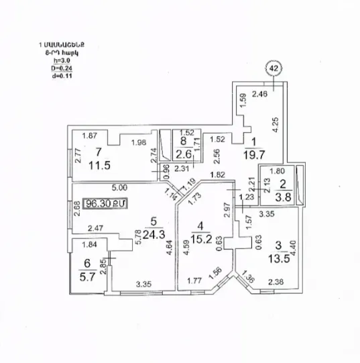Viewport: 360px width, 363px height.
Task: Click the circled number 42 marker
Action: [274, 67]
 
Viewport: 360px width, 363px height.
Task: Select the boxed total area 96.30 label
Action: [103, 202]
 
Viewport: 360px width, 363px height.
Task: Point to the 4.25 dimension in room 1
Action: [276, 125]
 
